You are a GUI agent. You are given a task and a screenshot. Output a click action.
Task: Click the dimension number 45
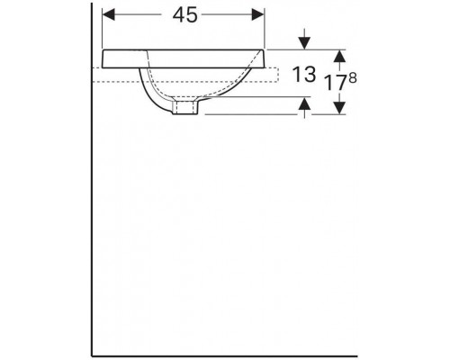[185, 15]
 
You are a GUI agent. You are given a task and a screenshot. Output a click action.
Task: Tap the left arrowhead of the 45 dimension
[109, 14]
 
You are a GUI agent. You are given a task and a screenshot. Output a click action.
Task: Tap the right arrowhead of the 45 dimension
[258, 14]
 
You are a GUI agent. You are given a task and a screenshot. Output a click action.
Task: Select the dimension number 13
[304, 74]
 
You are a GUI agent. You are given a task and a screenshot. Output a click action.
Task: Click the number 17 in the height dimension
[337, 83]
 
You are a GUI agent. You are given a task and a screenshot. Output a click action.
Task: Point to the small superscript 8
[353, 78]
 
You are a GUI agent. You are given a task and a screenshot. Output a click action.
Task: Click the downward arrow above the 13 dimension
[305, 39]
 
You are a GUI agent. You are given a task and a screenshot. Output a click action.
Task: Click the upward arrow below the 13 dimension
[305, 107]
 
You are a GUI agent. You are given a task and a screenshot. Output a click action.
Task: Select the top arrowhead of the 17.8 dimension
[339, 56]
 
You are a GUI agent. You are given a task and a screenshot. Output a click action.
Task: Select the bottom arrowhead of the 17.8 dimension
[339, 108]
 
